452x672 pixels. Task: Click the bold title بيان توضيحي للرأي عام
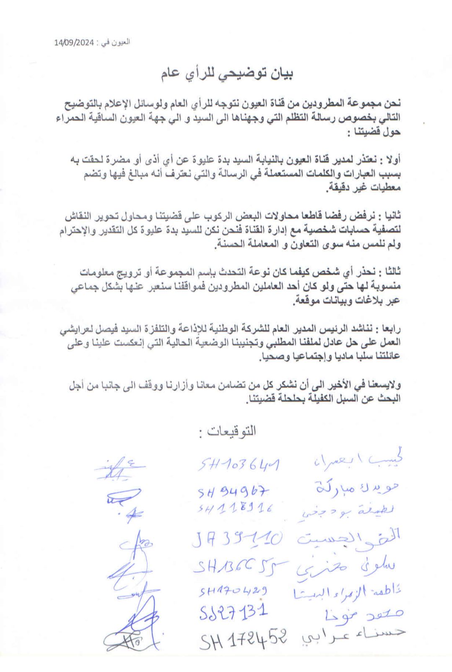(x=227, y=74)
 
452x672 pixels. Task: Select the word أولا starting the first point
(x=392, y=160)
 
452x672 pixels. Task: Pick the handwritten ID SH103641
(x=239, y=465)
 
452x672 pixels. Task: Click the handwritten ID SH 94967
(x=233, y=491)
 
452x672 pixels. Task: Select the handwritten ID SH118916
(x=235, y=509)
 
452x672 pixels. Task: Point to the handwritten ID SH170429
(x=233, y=591)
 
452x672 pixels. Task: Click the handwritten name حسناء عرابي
(x=353, y=635)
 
